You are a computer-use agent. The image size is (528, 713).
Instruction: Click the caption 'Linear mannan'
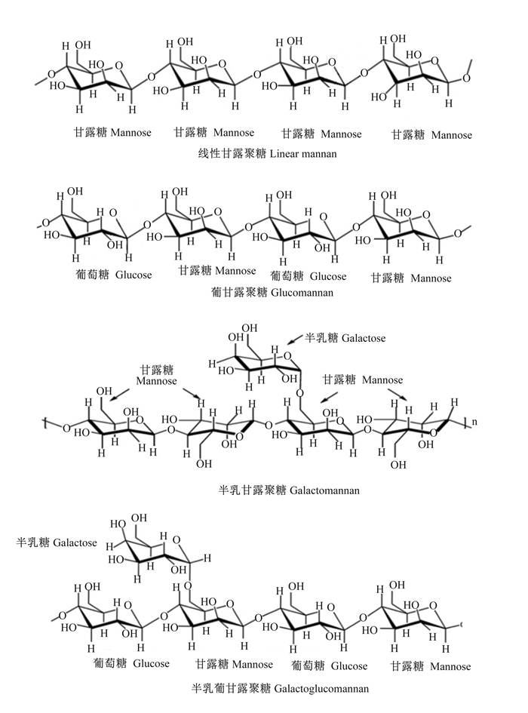tap(303, 154)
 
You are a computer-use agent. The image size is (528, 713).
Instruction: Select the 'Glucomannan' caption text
tap(302, 293)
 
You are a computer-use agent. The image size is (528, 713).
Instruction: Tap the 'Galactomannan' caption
tap(324, 490)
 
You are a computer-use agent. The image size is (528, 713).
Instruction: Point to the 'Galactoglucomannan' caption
tap(322, 688)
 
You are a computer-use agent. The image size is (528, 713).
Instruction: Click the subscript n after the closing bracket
tap(474, 422)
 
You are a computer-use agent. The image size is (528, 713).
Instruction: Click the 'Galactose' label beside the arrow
tap(364, 338)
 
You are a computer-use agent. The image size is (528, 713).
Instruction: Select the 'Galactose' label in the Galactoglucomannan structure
tap(75, 542)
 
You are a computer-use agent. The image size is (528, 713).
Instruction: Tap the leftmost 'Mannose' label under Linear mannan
tap(131, 133)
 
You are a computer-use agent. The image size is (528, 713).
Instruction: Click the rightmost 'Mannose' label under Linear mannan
tap(452, 135)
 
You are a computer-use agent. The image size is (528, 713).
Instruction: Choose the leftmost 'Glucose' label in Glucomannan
tap(134, 275)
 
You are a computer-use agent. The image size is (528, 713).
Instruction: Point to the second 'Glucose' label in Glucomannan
tap(328, 276)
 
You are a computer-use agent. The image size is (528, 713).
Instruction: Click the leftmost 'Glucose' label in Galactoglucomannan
tap(151, 663)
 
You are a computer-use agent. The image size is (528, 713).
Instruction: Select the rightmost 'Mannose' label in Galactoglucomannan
tap(450, 667)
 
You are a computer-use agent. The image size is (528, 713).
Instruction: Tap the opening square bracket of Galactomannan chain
tap(46, 423)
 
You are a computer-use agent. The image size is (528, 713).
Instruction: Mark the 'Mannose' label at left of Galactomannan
tap(156, 381)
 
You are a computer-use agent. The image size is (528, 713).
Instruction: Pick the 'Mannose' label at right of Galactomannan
tap(382, 380)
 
